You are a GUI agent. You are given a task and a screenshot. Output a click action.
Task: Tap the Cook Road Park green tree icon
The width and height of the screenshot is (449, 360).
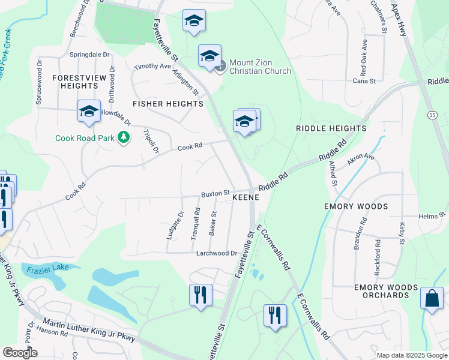[124, 137]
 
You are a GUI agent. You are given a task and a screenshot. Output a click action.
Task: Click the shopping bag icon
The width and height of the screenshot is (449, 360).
[432, 298]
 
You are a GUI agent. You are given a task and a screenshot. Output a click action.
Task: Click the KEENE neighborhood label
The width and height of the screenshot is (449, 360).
[246, 197]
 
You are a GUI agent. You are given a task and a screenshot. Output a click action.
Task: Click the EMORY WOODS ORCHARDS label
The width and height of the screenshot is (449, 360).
[386, 291]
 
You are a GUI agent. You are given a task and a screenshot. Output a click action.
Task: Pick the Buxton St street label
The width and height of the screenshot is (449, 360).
[215, 193]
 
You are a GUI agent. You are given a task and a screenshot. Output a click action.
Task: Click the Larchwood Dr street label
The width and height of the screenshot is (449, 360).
[217, 253]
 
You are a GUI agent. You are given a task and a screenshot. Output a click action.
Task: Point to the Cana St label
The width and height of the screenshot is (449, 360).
[364, 80]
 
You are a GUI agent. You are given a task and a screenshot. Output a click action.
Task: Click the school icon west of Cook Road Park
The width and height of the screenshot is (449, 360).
[89, 111]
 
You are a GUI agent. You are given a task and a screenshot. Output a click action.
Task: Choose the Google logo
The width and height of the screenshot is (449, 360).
[20, 353]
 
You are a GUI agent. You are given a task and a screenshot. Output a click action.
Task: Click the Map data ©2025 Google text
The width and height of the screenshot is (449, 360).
[412, 355]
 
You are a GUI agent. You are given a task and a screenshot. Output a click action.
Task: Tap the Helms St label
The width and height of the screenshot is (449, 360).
[432, 215]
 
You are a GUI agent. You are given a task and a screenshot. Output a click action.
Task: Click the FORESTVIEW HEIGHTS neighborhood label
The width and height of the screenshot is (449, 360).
[75, 82]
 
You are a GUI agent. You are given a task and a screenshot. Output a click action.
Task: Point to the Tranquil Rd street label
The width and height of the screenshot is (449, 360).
[196, 223]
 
